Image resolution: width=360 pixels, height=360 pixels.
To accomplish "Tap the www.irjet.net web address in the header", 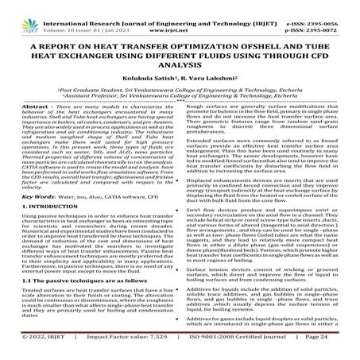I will click(x=180, y=14).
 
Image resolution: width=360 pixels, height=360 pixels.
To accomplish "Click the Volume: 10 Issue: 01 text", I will click(x=76, y=14).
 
